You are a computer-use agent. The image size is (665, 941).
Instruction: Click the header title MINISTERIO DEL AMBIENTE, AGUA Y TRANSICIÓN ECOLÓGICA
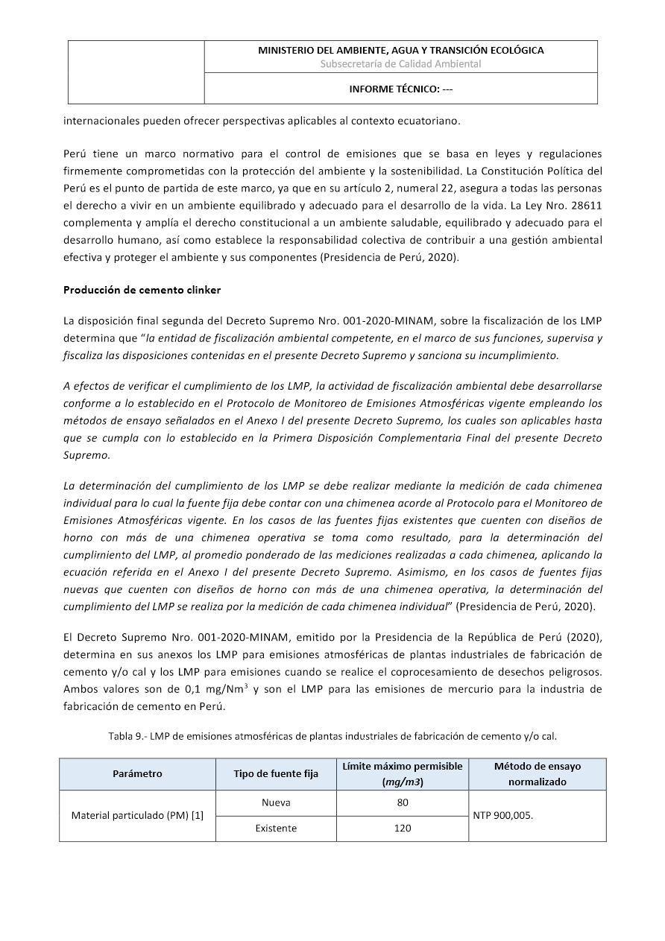(x=400, y=51)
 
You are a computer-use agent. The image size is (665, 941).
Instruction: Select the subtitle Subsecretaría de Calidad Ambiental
(x=400, y=64)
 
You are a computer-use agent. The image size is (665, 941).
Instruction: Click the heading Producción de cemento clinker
(x=142, y=289)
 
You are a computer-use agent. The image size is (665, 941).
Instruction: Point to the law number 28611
(x=585, y=205)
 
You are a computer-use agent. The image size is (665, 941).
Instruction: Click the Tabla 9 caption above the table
(x=332, y=736)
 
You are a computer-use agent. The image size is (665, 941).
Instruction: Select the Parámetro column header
(x=137, y=774)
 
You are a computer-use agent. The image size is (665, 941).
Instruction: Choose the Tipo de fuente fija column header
(x=276, y=774)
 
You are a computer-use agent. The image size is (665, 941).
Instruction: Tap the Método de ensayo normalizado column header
(x=538, y=774)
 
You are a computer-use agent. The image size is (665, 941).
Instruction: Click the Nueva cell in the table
(x=276, y=803)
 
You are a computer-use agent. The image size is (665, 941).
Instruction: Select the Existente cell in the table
(x=276, y=828)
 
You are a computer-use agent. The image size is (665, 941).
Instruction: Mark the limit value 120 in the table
(x=403, y=828)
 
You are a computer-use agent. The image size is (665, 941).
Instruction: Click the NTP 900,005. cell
(x=503, y=816)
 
